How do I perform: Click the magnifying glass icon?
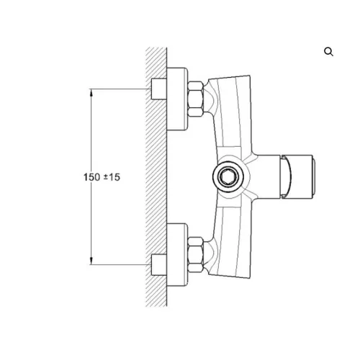(328, 52)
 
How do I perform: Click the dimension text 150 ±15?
(102, 177)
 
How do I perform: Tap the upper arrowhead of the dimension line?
(91, 93)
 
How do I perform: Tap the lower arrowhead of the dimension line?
(91, 261)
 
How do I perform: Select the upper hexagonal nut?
(196, 99)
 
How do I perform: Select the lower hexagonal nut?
(196, 255)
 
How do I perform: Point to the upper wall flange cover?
(177, 99)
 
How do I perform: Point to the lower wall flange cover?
(177, 255)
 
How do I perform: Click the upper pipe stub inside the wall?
(158, 89)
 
